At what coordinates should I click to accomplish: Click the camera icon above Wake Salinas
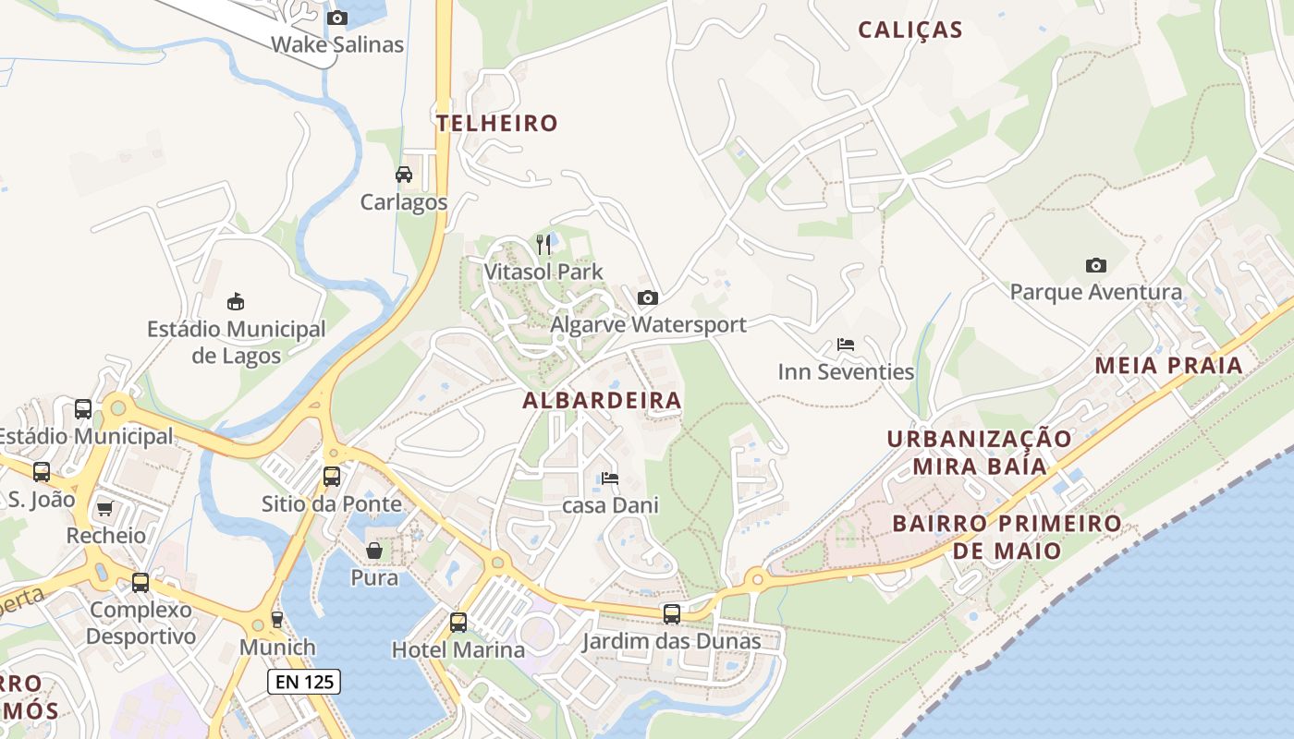coord(337,18)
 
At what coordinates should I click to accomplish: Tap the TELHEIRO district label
coord(497,123)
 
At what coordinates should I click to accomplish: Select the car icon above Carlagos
coord(404,175)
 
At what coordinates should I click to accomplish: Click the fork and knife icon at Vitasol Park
coord(543,244)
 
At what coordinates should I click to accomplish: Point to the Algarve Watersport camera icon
coord(648,297)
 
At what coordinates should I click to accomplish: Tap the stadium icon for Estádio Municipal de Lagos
coord(236,301)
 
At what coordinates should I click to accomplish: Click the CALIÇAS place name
coord(910,30)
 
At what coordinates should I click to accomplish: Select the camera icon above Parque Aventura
coord(1095,266)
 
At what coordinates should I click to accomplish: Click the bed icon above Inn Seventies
coord(845,345)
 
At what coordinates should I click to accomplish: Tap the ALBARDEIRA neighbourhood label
coord(602,400)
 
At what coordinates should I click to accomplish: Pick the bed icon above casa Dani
coord(609,479)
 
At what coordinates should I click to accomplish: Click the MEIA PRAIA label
coord(1168,366)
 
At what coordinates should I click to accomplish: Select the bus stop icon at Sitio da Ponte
coord(331,477)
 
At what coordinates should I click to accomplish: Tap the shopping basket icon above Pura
coord(374,551)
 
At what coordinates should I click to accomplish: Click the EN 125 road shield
coord(304,682)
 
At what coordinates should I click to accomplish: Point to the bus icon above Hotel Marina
coord(458,622)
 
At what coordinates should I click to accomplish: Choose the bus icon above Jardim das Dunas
coord(672,613)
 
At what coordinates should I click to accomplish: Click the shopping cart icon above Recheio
coord(104,508)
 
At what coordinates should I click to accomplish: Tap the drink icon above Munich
coord(276,619)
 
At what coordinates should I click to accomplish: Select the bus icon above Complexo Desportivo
coord(140,583)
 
